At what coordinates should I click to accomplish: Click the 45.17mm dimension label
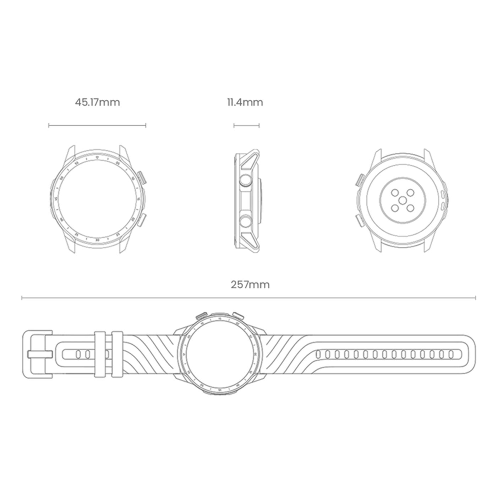pos(97,103)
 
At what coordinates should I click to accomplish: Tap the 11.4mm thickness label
pos(245,103)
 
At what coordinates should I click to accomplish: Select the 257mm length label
pos(250,285)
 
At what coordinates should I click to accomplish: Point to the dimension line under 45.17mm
pos(97,125)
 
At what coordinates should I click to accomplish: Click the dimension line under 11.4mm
pos(246,125)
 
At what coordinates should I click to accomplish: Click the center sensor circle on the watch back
pos(402,201)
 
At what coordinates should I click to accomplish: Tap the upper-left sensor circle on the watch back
pos(394,193)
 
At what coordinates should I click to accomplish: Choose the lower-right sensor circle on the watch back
pos(410,209)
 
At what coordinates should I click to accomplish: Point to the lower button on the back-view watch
pos(359,222)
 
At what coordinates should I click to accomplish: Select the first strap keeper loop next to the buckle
pos(99,354)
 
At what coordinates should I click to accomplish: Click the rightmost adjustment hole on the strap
pos(451,354)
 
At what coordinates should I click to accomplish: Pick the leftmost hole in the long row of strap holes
pos(318,354)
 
